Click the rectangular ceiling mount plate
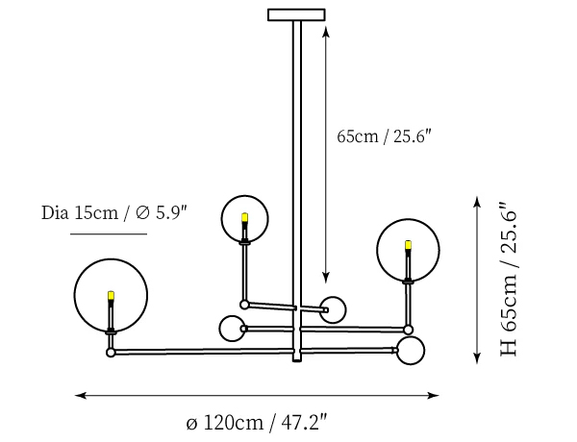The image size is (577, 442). [296, 14]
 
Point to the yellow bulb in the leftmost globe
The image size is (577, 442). [111, 295]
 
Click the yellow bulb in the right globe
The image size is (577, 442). [408, 245]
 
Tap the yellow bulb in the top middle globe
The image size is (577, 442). [244, 217]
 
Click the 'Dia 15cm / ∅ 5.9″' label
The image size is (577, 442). [114, 213]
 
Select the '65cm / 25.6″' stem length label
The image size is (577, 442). [384, 136]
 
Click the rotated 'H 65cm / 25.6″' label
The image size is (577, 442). [509, 279]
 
